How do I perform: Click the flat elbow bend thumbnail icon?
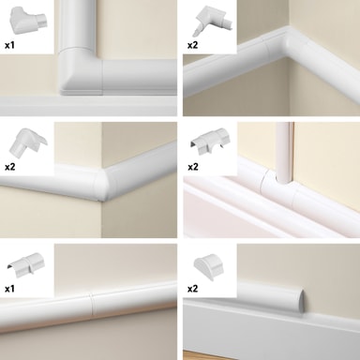[x=27, y=21]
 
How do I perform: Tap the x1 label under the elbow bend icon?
[x=9, y=45]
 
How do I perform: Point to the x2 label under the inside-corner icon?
[x=192, y=45]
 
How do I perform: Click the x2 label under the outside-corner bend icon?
[x=9, y=167]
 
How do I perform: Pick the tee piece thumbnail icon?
[x=211, y=141]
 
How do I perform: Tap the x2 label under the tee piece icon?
[x=193, y=167]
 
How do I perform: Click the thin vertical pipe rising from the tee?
[x=284, y=152]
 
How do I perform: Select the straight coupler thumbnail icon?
[x=25, y=264]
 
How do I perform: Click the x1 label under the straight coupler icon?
[x=9, y=289]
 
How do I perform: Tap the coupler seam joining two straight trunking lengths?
[x=92, y=307]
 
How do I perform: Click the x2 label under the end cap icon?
[x=192, y=289]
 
